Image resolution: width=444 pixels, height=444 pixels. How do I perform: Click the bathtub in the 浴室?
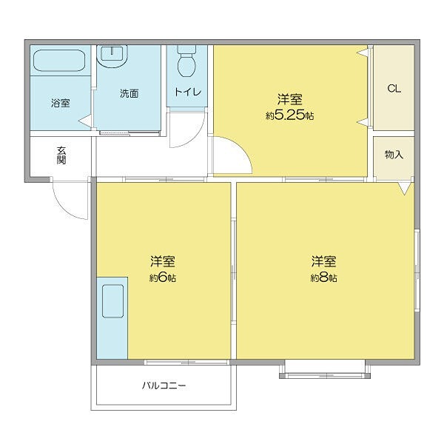(60, 61)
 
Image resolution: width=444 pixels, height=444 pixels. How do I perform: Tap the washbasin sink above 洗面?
(113, 55)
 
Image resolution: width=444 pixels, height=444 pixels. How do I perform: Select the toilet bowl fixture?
(186, 62)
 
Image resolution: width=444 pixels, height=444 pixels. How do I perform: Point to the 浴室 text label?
(60, 103)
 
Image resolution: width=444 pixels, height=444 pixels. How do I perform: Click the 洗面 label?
(129, 94)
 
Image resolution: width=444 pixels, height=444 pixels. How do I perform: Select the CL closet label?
(394, 89)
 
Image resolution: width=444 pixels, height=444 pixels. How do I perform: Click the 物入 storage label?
(394, 155)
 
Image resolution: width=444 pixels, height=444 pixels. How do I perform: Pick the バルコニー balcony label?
(164, 386)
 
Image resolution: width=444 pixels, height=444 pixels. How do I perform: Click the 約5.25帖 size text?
(289, 115)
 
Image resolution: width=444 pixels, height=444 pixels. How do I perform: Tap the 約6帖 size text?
(162, 278)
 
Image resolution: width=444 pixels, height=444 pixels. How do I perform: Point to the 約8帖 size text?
(323, 278)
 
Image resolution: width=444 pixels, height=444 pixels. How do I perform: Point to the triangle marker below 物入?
(403, 189)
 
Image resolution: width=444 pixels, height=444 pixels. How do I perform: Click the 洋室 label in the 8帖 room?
(323, 261)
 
